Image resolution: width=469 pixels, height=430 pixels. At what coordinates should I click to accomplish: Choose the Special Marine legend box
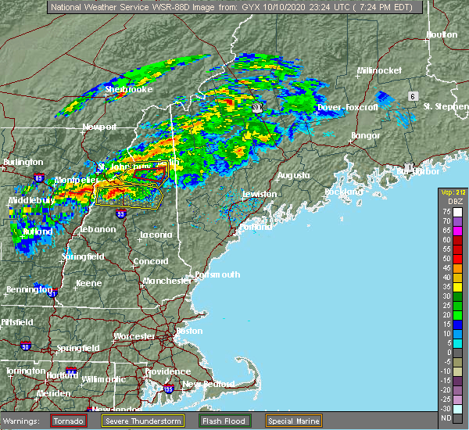pos(293,420)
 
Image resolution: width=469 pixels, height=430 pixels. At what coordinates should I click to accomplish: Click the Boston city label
pos(189,331)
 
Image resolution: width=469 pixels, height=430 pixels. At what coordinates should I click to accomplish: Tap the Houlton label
pos(441,35)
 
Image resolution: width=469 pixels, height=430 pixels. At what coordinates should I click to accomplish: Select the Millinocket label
pos(379,70)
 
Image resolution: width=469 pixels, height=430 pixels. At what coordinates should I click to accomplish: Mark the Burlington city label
pos(23,162)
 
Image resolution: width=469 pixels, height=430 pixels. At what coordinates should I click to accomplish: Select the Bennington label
pos(23,289)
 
